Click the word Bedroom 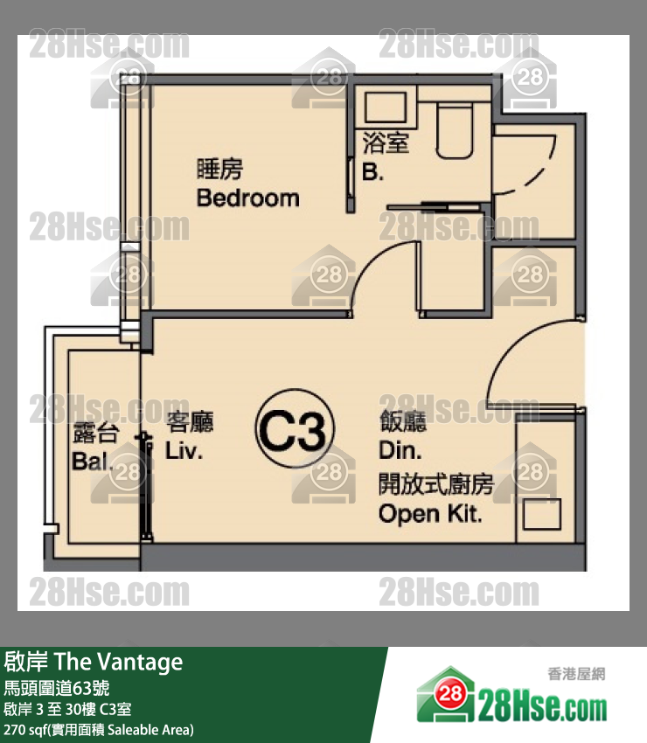click(x=248, y=198)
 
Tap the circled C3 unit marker click(x=295, y=428)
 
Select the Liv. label click(x=184, y=451)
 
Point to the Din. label click(x=400, y=450)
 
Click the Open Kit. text click(x=430, y=514)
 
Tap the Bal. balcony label click(x=92, y=461)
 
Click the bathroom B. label click(x=372, y=171)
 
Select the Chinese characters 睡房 click(x=219, y=169)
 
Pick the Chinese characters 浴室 click(x=386, y=142)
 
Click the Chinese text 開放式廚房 click(x=436, y=483)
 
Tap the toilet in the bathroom click(x=454, y=131)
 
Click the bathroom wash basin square click(x=386, y=108)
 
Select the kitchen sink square click(x=542, y=514)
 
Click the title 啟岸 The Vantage click(x=94, y=662)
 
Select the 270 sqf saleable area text click(x=99, y=730)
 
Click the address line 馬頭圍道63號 click(x=57, y=688)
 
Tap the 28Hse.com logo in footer click(x=511, y=696)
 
